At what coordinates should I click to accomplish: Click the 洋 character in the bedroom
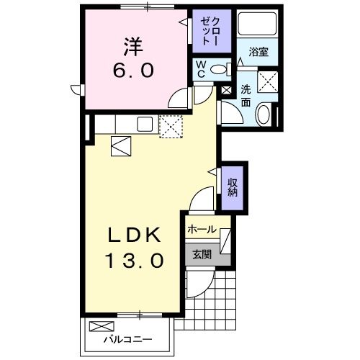tap(131, 48)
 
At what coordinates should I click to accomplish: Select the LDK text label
tap(131, 235)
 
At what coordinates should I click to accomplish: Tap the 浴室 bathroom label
tap(259, 53)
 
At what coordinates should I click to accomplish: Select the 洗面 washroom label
tap(246, 96)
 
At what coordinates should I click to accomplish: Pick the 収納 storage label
tap(233, 186)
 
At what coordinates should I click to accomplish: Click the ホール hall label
tap(202, 230)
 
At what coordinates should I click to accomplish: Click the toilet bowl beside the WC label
tap(223, 69)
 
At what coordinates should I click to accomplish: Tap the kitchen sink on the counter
tap(143, 123)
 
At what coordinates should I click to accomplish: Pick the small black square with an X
tap(227, 91)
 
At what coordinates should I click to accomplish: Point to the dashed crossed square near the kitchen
tap(172, 127)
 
